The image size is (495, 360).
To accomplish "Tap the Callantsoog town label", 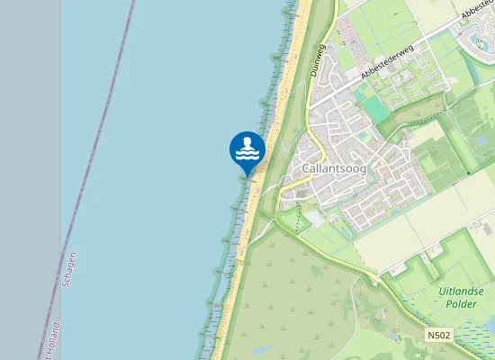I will tap(334, 168).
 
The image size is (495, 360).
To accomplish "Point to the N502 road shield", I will tap(439, 335).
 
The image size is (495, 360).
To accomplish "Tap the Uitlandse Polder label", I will tap(463, 298).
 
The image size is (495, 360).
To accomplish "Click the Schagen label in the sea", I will tap(69, 269).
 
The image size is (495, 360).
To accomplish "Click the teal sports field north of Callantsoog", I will tap(376, 109).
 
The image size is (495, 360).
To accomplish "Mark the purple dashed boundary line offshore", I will tap(99, 135).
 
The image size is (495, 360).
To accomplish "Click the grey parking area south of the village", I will tap(314, 217).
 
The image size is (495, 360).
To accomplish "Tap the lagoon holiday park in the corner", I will tap(477, 31).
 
